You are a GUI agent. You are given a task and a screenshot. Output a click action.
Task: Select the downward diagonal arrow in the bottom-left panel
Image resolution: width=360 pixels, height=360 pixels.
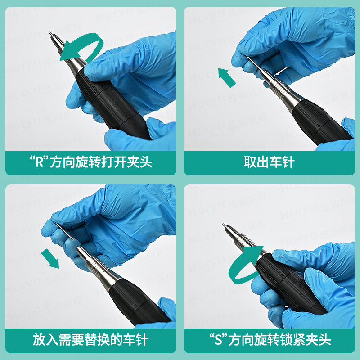pos(50,259)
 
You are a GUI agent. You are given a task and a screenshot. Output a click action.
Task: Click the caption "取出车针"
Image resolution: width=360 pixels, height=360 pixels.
pos(269,162)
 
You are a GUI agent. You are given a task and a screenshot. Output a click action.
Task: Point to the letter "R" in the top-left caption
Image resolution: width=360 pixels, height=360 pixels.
pos(39,162)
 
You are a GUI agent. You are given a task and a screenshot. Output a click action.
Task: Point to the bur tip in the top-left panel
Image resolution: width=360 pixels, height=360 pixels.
pos(51,33)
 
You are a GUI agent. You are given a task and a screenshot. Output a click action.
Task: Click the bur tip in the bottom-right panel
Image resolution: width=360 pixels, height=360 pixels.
pos(224,225)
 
